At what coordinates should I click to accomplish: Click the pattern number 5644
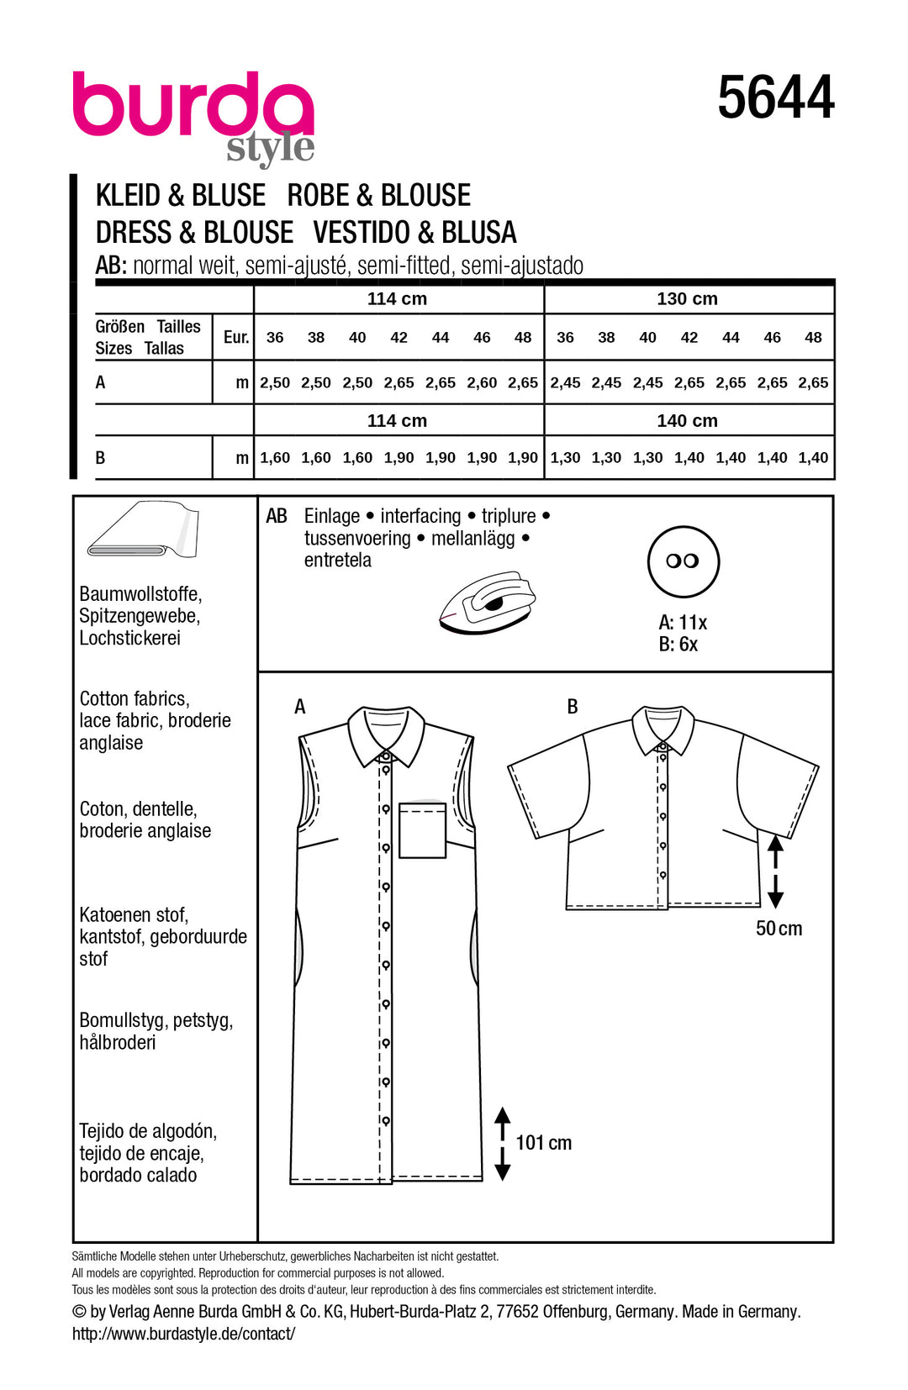click(x=775, y=98)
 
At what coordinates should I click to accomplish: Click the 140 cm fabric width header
click(x=687, y=420)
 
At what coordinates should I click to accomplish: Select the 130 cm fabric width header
click(x=687, y=298)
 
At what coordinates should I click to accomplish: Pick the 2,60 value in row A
click(x=482, y=382)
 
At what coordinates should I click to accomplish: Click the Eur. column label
click(x=236, y=337)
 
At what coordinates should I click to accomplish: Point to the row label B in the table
click(x=100, y=458)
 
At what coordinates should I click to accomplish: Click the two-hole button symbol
click(x=683, y=561)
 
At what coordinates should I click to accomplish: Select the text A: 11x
click(x=682, y=623)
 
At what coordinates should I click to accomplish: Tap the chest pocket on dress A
click(x=422, y=830)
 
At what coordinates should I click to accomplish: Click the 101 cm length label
click(x=543, y=1143)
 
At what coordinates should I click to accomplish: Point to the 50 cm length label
click(x=779, y=929)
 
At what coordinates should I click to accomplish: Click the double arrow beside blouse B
click(x=775, y=871)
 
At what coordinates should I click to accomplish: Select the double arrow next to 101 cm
click(x=503, y=1144)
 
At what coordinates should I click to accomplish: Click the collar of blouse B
click(x=663, y=729)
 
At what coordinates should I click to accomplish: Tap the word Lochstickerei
click(x=129, y=638)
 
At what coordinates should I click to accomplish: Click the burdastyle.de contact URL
click(x=183, y=1334)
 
